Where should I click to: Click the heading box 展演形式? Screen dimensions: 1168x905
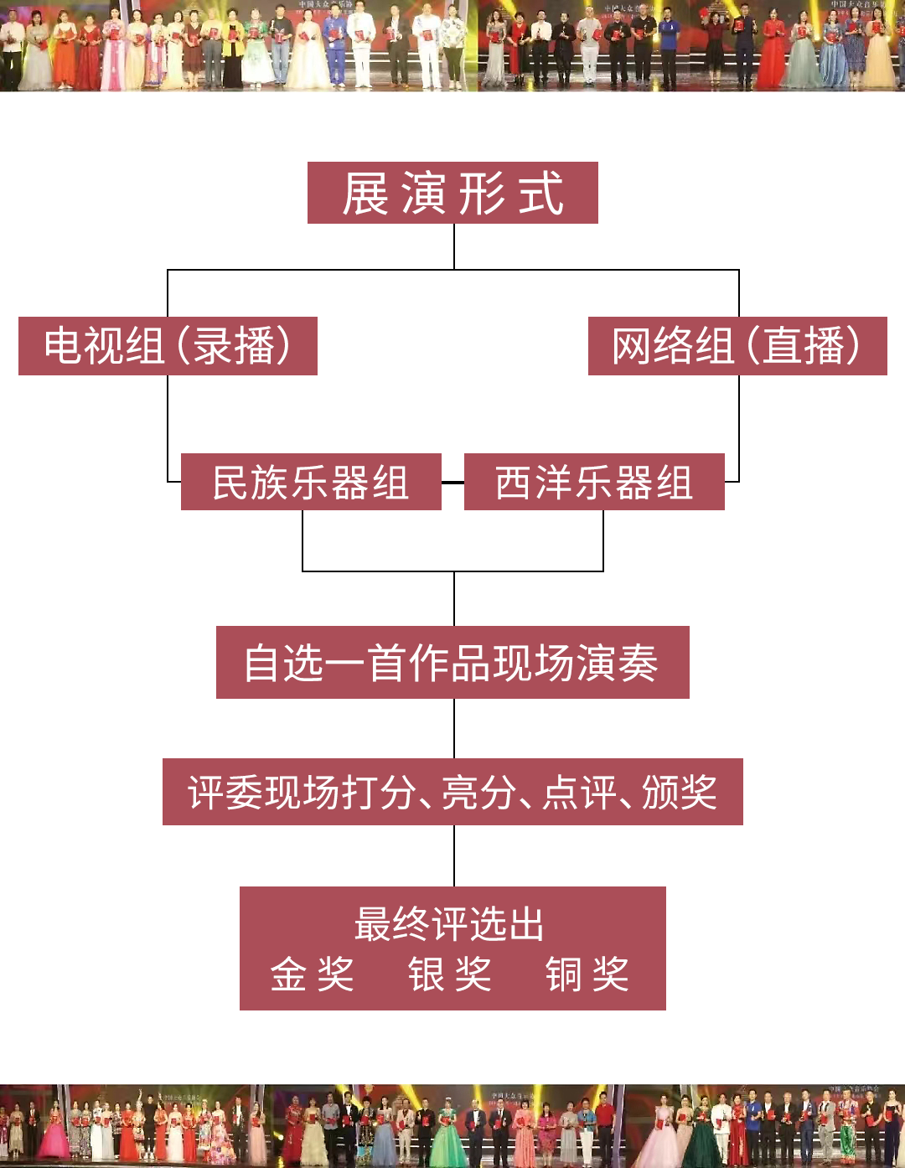[x=452, y=193]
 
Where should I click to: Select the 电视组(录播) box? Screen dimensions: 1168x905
[x=168, y=346]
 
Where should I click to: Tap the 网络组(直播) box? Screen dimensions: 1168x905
[x=737, y=346]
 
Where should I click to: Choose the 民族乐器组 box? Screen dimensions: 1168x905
[x=311, y=482]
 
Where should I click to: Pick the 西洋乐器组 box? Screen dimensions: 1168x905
[x=594, y=482]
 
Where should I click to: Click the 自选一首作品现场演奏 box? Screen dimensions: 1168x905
[x=452, y=663]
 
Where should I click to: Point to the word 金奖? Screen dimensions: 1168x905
[x=313, y=974]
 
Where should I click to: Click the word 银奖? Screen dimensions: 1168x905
[x=450, y=974]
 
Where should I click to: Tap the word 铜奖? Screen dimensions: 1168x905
[x=587, y=974]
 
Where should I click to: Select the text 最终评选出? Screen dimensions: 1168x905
[x=450, y=925]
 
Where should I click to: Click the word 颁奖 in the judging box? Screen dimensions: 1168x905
[x=680, y=792]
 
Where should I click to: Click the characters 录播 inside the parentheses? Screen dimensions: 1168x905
[x=234, y=346]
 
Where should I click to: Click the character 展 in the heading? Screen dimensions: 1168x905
[x=365, y=194]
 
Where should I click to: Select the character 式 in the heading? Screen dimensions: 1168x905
[x=540, y=194]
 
